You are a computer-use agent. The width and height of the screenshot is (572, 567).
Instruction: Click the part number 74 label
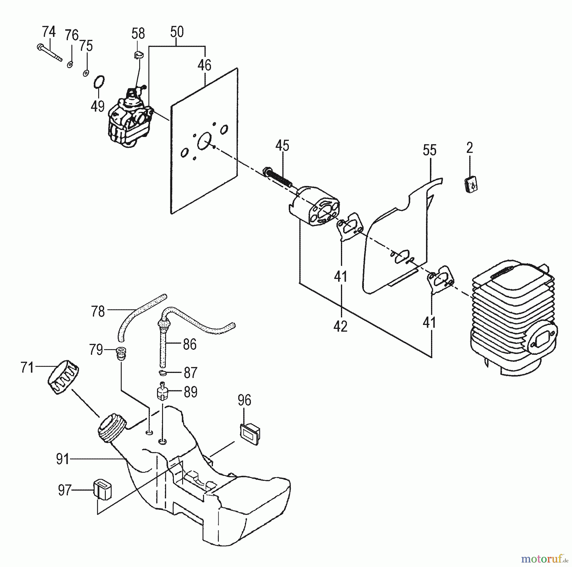49,32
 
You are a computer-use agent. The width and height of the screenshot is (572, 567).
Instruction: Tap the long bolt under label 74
49,53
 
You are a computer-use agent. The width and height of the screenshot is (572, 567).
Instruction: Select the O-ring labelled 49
99,83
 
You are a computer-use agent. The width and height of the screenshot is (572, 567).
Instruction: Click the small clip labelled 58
138,55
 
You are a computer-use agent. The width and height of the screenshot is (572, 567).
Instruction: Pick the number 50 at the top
177,32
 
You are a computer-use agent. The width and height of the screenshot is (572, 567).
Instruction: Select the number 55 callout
430,150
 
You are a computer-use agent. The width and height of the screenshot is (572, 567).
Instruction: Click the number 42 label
340,326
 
